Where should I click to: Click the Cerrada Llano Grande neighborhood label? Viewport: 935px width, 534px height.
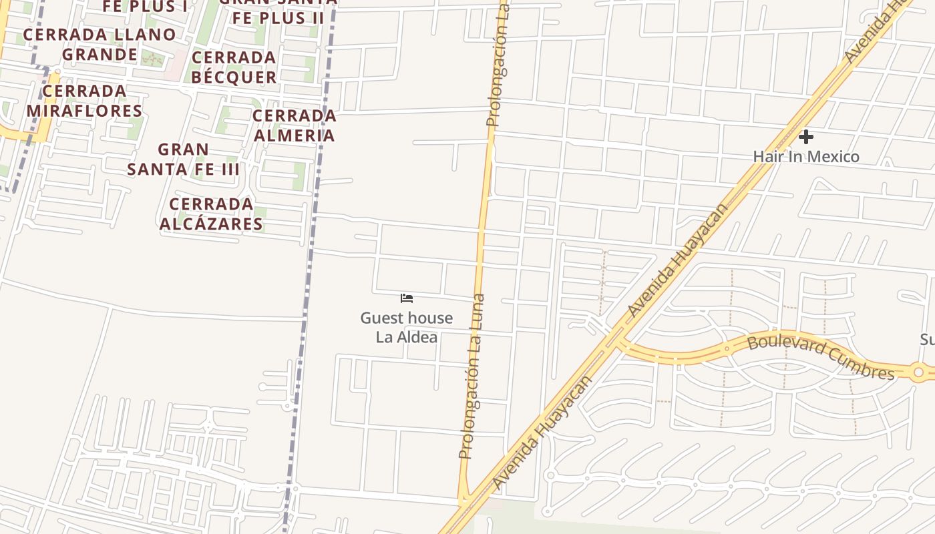(100, 44)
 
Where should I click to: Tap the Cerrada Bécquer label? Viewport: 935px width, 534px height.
(234, 67)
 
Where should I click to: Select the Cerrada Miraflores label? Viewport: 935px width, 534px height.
(84, 101)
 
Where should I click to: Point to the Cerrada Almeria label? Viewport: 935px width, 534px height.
(294, 125)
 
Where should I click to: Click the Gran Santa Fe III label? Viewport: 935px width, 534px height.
(183, 159)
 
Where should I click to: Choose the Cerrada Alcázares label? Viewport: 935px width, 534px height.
(211, 214)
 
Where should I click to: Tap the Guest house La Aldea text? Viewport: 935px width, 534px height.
(406, 327)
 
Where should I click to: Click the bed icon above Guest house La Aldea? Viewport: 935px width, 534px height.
(407, 298)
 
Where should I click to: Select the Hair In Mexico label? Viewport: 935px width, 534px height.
(805, 157)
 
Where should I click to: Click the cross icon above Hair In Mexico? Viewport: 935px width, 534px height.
(806, 137)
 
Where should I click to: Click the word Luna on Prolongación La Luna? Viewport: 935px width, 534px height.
(478, 313)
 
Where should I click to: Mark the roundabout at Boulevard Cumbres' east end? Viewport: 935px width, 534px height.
(919, 372)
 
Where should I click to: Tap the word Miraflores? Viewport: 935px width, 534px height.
(84, 111)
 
